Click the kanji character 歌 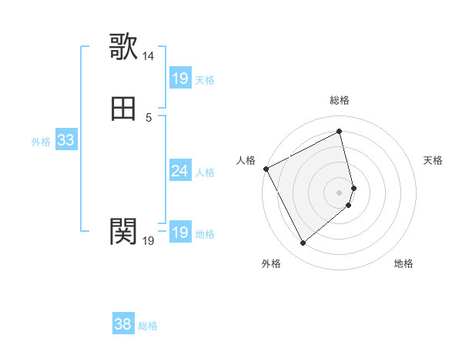click(124, 47)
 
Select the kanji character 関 click(124, 230)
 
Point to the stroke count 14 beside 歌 click(149, 56)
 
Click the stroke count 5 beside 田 click(149, 117)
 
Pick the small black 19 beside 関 click(149, 241)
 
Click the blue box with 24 click(180, 171)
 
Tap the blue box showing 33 click(66, 141)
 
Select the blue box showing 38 click(123, 324)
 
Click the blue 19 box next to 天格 click(180, 79)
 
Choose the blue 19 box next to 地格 click(180, 233)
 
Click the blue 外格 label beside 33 click(42, 142)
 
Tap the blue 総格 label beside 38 click(148, 326)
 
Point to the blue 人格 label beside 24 click(206, 173)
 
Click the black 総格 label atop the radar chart click(340, 100)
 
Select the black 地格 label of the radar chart click(403, 263)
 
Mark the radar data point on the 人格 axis click(266, 168)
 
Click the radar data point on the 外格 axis click(303, 243)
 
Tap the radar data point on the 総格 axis click(340, 132)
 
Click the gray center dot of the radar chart click(340, 192)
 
